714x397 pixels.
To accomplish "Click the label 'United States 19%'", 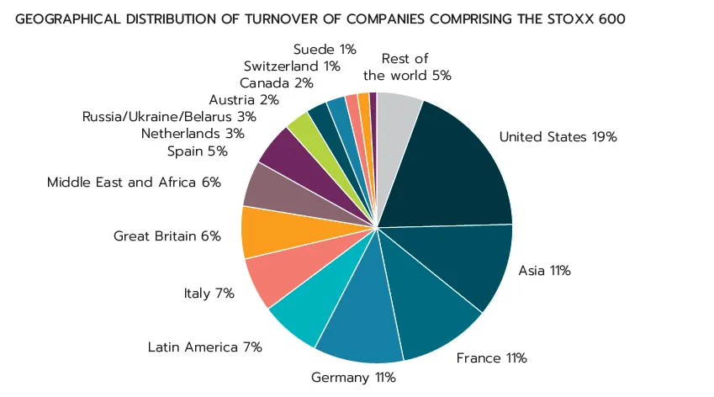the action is tap(558, 136).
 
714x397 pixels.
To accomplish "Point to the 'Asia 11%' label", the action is tap(545, 271).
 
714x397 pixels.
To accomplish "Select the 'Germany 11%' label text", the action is tap(353, 378).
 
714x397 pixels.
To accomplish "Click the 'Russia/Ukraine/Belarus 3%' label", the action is tap(169, 117).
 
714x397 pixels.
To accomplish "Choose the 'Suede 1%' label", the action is tap(325, 49).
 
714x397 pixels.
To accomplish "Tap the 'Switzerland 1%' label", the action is tap(292, 66).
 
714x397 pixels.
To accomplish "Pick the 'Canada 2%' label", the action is tap(277, 83).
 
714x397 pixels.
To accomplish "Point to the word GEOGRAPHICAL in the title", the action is tap(68, 19).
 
